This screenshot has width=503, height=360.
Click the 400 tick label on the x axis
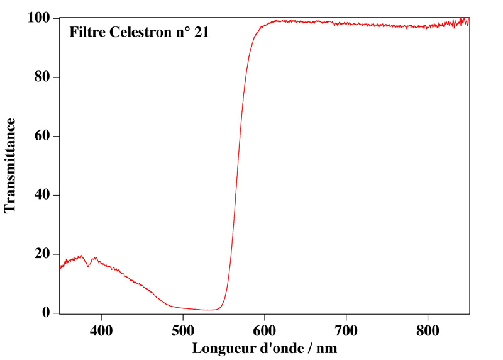click(101, 330)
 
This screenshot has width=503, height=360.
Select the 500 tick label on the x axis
click(182, 330)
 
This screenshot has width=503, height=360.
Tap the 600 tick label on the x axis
click(264, 330)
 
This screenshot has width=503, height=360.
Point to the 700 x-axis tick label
click(346, 330)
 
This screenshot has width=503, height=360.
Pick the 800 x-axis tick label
click(428, 330)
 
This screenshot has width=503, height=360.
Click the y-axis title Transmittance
click(11, 166)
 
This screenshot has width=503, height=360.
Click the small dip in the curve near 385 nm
click(89, 266)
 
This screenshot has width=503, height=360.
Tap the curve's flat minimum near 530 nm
click(207, 310)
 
